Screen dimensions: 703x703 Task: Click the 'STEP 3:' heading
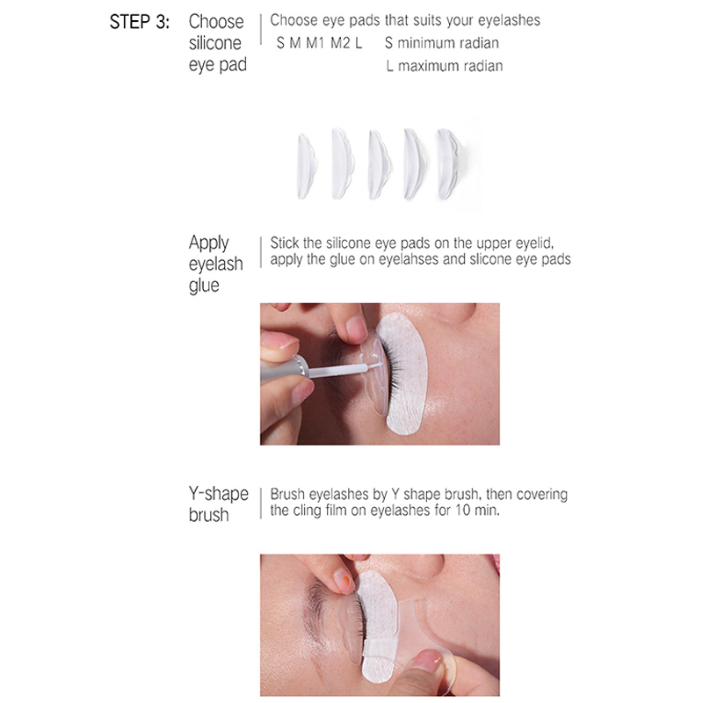[140, 21]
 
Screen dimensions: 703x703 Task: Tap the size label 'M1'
[315, 43]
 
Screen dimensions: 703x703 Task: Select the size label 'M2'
[340, 43]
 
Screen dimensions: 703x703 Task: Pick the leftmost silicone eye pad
[306, 166]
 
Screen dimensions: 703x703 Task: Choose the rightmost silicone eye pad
[447, 163]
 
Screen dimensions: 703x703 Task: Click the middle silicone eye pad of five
[379, 164]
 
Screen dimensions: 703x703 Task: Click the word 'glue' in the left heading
[204, 286]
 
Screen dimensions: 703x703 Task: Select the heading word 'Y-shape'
[218, 494]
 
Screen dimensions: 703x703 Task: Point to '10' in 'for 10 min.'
[463, 511]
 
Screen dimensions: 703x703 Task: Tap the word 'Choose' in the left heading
[216, 21]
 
